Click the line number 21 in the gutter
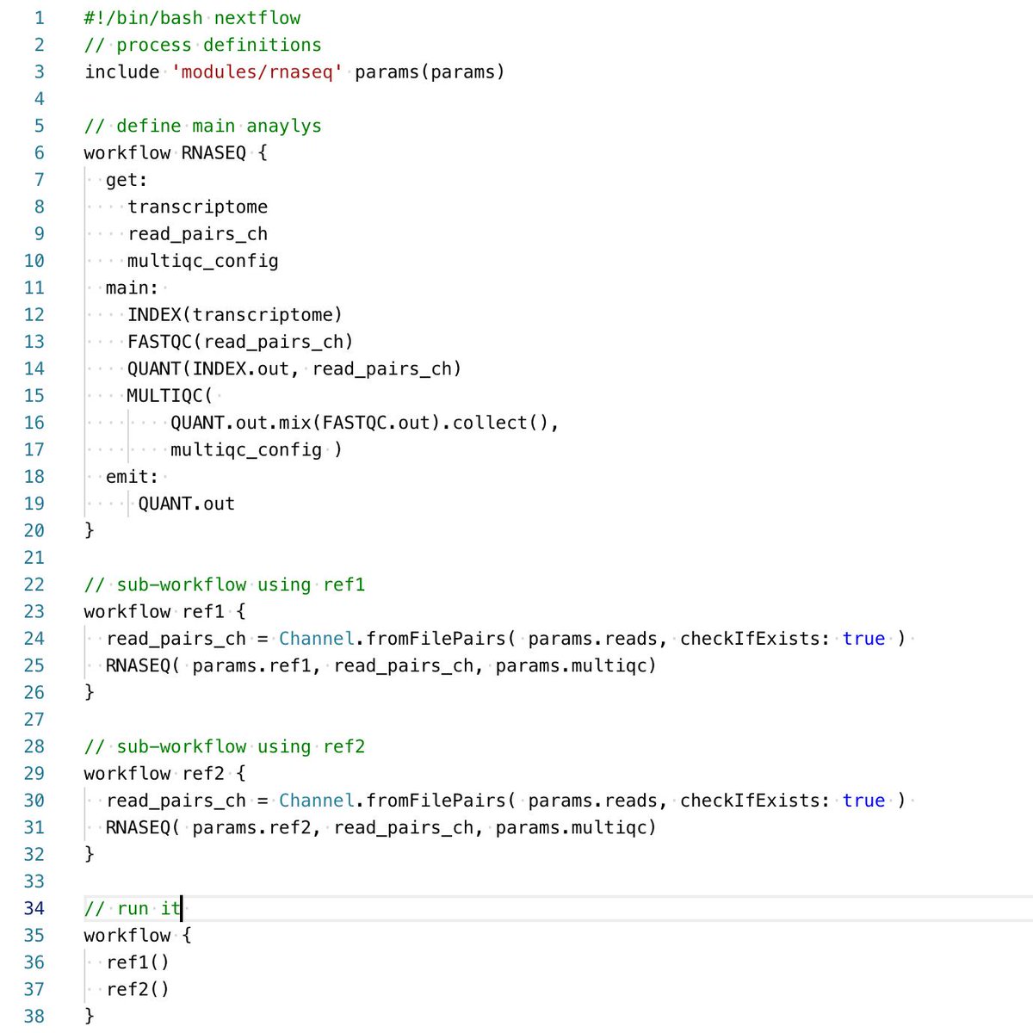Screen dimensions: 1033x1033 pyautogui.click(x=34, y=557)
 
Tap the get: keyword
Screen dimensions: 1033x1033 pyautogui.click(x=127, y=180)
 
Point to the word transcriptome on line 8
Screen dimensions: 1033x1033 pyautogui.click(x=197, y=207)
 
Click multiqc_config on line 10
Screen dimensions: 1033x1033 pyautogui.click(x=202, y=261)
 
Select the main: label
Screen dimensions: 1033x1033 pyautogui.click(x=132, y=288)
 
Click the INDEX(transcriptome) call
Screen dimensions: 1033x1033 pyautogui.click(x=234, y=314)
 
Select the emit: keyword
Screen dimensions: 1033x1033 pyautogui.click(x=132, y=476)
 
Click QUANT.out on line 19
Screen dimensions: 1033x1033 pyautogui.click(x=186, y=504)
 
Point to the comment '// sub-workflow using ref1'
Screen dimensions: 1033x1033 pyautogui.click(x=225, y=585)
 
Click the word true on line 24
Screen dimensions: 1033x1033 pyautogui.click(x=863, y=638)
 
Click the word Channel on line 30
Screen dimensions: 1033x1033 pyautogui.click(x=316, y=801)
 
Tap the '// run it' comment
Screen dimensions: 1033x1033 pyautogui.click(x=133, y=908)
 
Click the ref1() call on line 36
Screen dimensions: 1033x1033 pyautogui.click(x=138, y=962)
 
